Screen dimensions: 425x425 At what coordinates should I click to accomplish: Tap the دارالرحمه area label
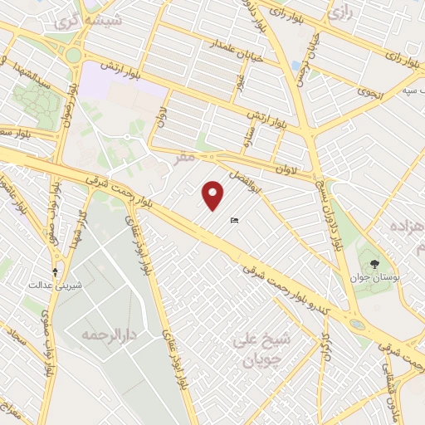(x=107, y=336)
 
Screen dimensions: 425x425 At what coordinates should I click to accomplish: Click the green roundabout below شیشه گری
(x=72, y=56)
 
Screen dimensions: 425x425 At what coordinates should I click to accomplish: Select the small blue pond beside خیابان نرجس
(x=296, y=66)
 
